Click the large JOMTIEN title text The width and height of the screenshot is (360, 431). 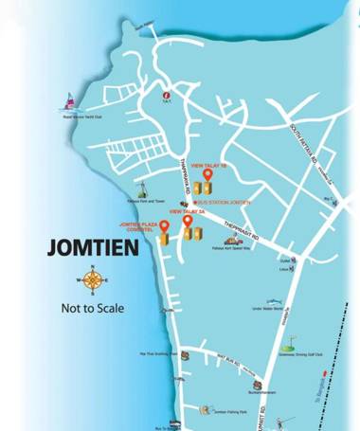[x=93, y=249]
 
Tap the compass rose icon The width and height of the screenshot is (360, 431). [x=93, y=280]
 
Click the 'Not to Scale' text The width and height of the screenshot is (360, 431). [x=93, y=308]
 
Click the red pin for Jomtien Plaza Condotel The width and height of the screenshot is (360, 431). [x=164, y=225]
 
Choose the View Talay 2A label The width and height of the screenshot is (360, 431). [x=187, y=212]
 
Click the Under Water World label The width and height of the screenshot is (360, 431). [x=269, y=308]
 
